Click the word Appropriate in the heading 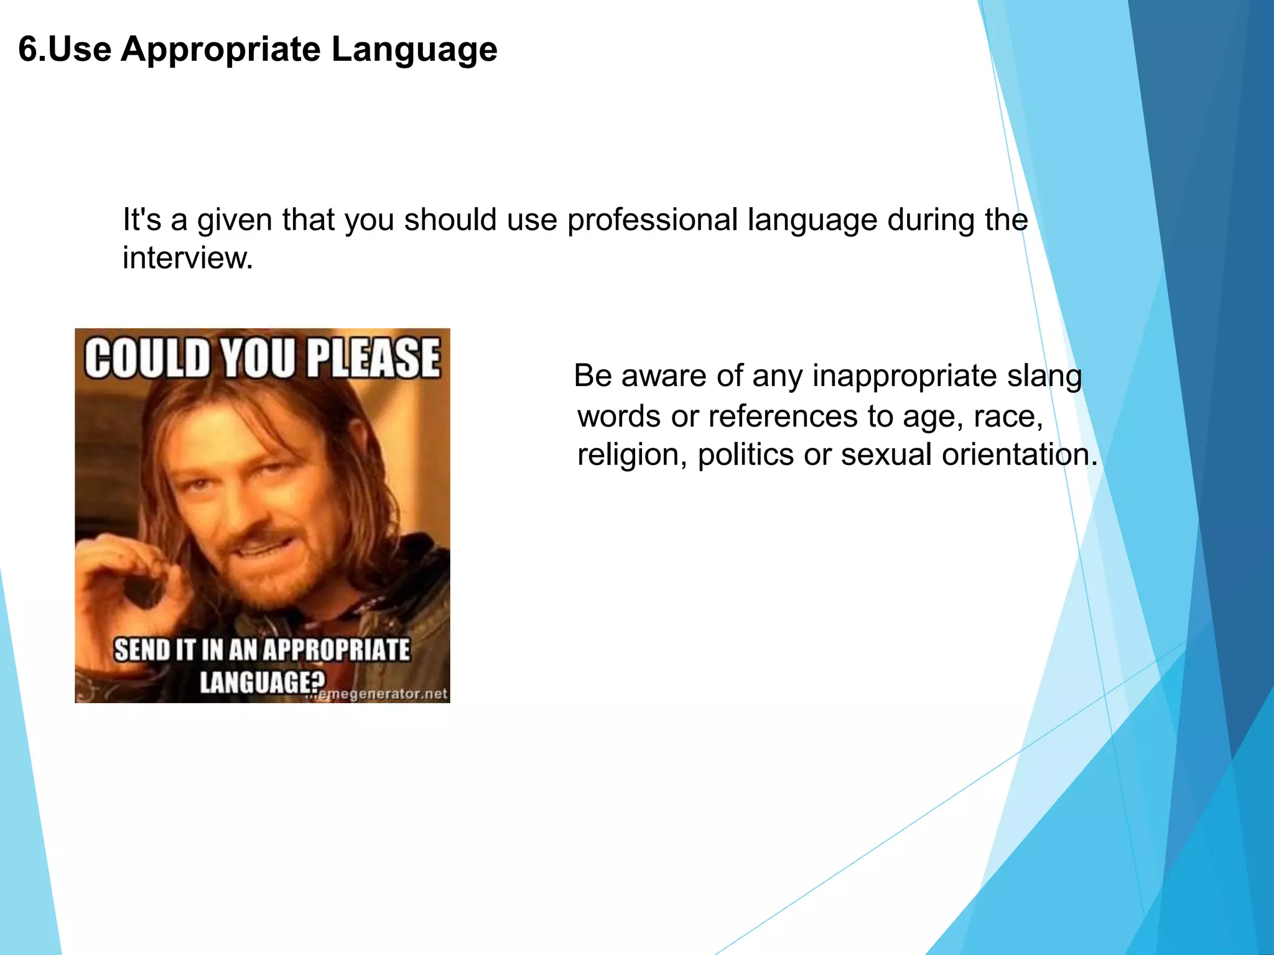(x=220, y=50)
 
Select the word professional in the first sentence (x=653, y=220)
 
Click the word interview (x=187, y=258)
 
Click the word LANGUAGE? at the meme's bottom (x=261, y=683)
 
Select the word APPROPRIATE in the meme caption (x=336, y=650)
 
